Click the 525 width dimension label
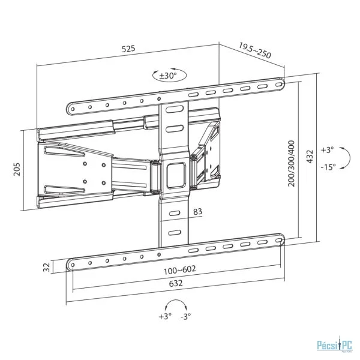(128, 49)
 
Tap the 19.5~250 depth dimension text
(255, 50)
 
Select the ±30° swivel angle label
(168, 76)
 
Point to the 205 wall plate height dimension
(17, 169)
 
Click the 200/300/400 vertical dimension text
(292, 163)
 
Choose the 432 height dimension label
(310, 157)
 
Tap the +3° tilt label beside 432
(327, 150)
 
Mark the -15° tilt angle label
(328, 167)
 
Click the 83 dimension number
(197, 211)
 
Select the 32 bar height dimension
(47, 267)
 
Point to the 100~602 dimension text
(179, 270)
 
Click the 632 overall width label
(176, 283)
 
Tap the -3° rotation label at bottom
(186, 317)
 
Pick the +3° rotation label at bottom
(165, 316)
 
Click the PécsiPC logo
(335, 345)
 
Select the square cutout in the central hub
(176, 175)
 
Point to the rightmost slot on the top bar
(279, 85)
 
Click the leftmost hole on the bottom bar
(73, 265)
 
